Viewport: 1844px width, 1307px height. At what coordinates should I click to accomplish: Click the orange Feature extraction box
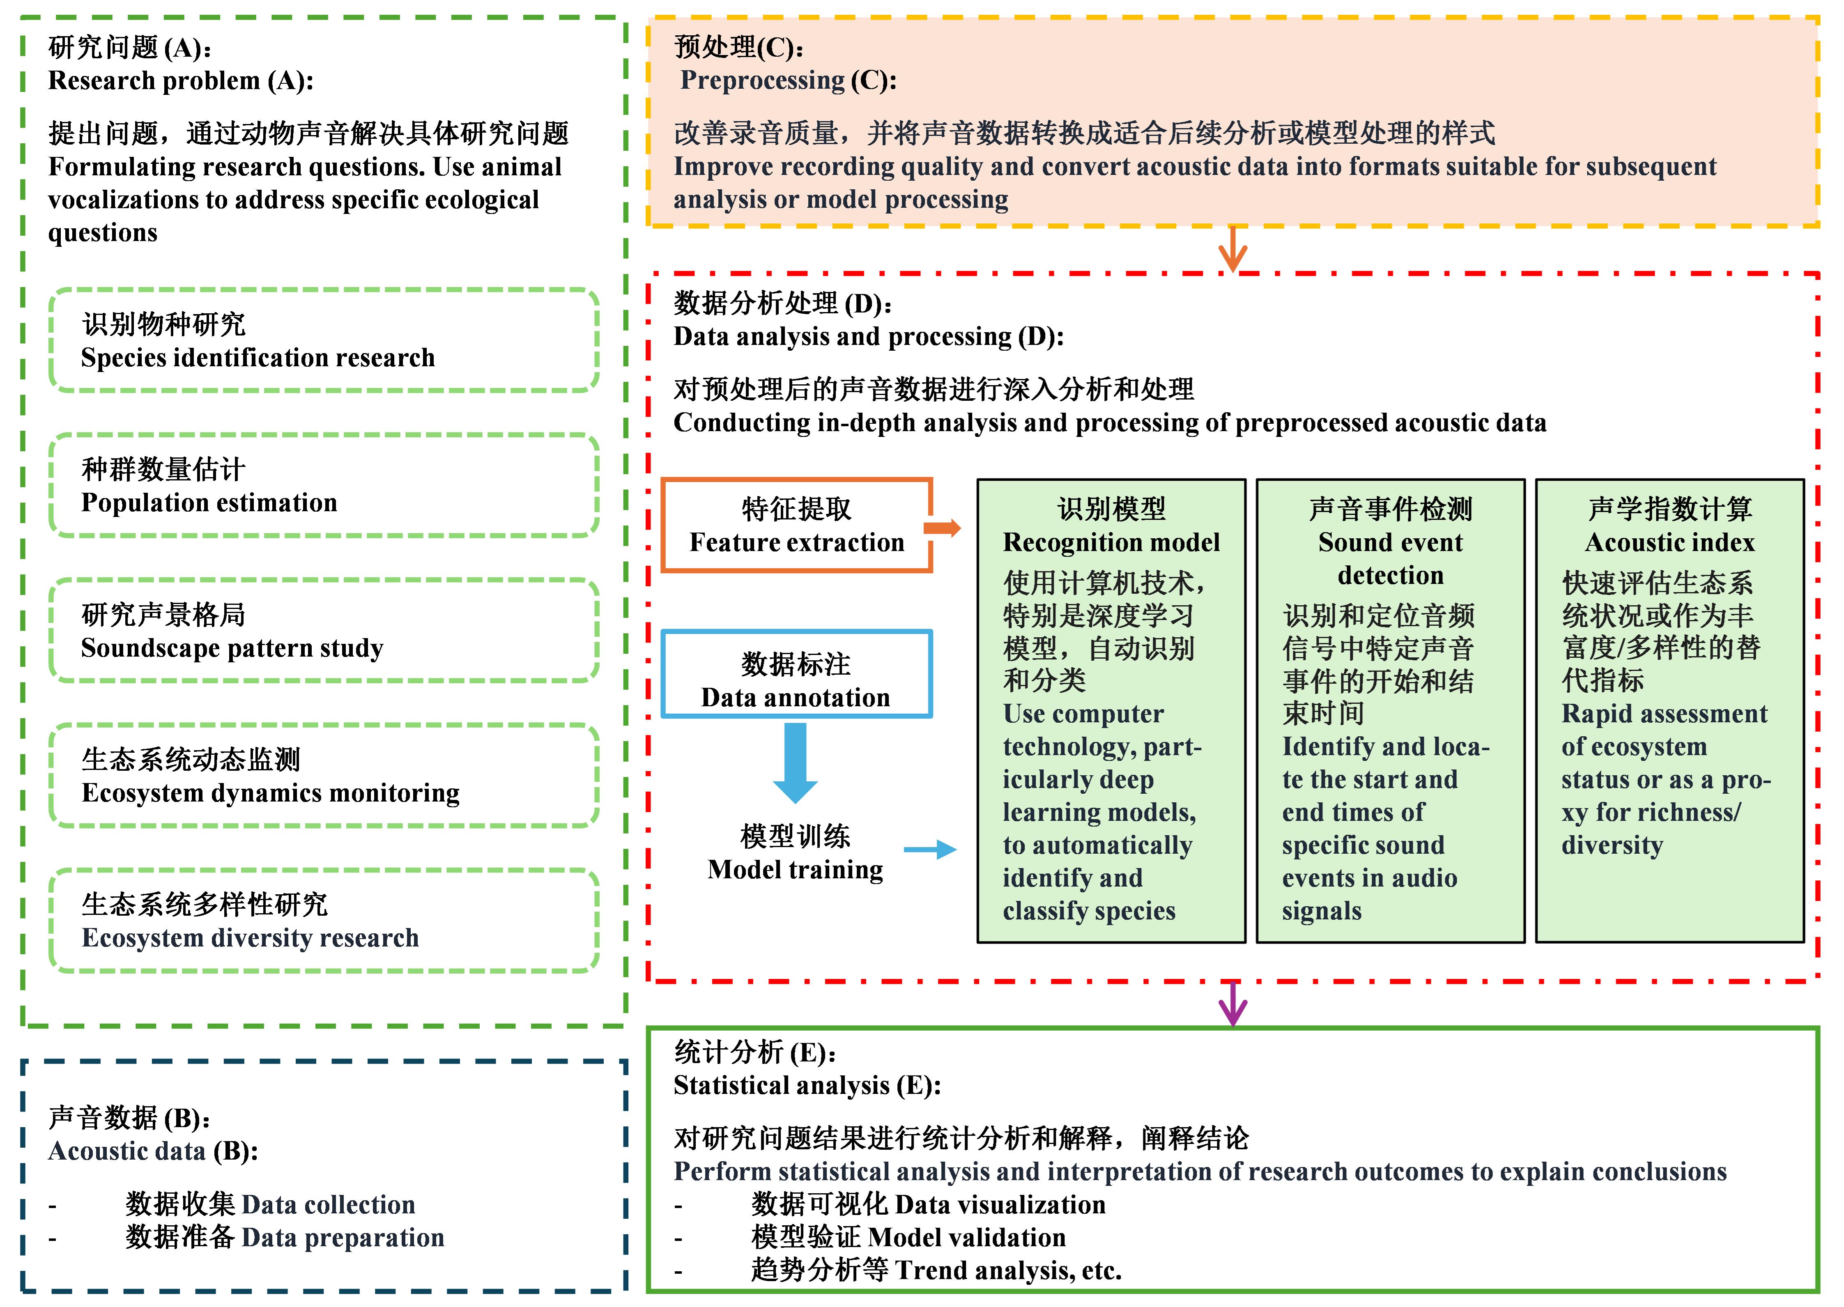pyautogui.click(x=796, y=526)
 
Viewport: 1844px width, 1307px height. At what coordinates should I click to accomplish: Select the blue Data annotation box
pyautogui.click(x=796, y=674)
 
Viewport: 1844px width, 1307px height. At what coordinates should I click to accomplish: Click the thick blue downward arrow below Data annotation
pyautogui.click(x=795, y=761)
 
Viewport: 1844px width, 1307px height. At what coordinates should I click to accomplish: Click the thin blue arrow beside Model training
pyautogui.click(x=930, y=850)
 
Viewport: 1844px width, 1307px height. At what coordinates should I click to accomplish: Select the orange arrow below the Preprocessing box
pyautogui.click(x=1232, y=250)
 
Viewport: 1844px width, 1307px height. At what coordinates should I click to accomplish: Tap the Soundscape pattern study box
pyautogui.click(x=324, y=631)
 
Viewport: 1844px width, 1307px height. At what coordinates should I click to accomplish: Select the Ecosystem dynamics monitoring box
pyautogui.click(x=324, y=776)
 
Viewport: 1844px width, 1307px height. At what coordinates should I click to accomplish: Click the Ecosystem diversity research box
pyautogui.click(x=324, y=921)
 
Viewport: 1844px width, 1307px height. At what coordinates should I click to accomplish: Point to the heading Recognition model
pyautogui.click(x=1111, y=542)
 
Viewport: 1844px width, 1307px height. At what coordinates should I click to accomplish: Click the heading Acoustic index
pyautogui.click(x=1669, y=542)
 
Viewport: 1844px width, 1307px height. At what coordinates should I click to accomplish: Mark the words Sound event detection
pyautogui.click(x=1390, y=558)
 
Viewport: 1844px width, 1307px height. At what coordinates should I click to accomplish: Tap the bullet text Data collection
pyautogui.click(x=328, y=1205)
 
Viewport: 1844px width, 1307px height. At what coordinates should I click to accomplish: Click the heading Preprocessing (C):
pyautogui.click(x=788, y=80)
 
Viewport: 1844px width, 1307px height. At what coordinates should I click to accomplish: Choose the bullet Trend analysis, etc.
pyautogui.click(x=1008, y=1270)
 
